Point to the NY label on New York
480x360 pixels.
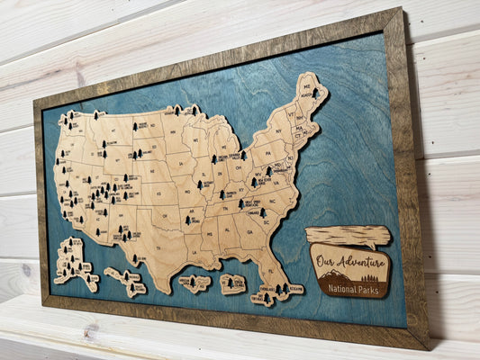(x=285, y=133)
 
